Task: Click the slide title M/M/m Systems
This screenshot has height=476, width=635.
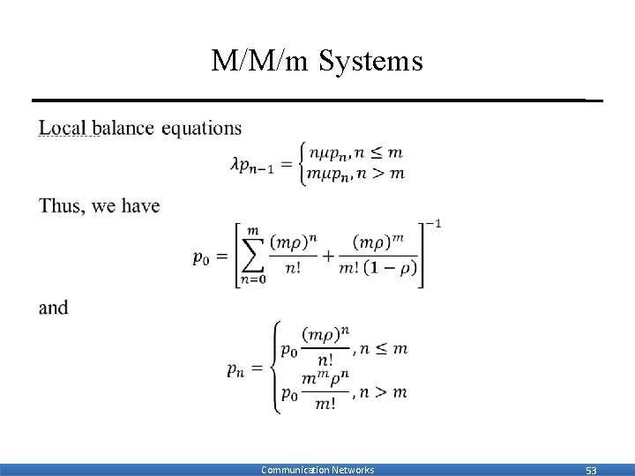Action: click(x=317, y=61)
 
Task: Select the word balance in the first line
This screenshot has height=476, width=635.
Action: click(x=123, y=128)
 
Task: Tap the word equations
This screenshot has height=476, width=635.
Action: click(x=201, y=128)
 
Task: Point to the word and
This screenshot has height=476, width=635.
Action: click(x=53, y=308)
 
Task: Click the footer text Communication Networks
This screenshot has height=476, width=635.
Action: click(x=317, y=470)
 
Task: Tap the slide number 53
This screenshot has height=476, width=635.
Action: click(x=591, y=470)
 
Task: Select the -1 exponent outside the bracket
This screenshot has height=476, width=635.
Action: click(x=432, y=224)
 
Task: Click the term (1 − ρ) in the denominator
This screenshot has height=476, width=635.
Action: click(x=394, y=269)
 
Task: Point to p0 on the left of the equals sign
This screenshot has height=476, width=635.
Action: click(x=202, y=257)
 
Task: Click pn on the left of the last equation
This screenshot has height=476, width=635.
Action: click(x=235, y=370)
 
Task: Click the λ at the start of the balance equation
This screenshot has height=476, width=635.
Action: click(x=235, y=164)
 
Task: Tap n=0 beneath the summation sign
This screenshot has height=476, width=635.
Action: click(x=252, y=280)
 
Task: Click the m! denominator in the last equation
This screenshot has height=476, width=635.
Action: click(x=325, y=404)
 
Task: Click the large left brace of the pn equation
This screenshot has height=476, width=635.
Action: click(x=276, y=368)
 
